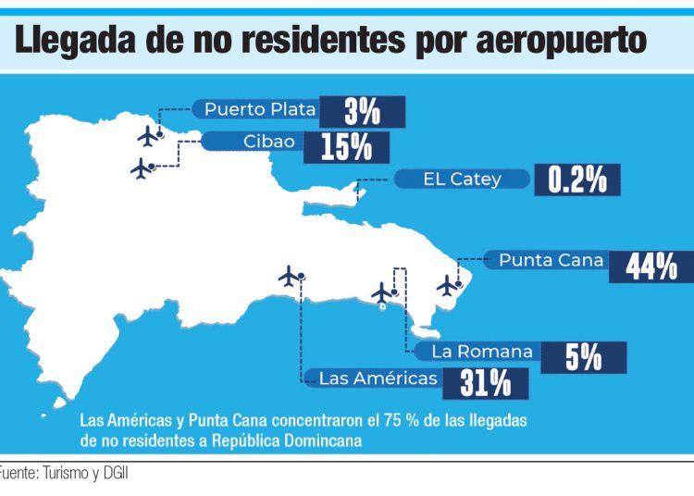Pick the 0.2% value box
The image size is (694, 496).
pos(577,180)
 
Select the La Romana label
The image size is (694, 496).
pos(482,352)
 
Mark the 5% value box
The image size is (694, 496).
pos(584,356)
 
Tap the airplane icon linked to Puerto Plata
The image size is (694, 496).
pos(147,136)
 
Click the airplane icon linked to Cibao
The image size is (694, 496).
pos(141,169)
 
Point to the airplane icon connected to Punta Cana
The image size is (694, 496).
pos(448,285)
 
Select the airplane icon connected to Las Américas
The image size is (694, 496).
pos(291,276)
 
